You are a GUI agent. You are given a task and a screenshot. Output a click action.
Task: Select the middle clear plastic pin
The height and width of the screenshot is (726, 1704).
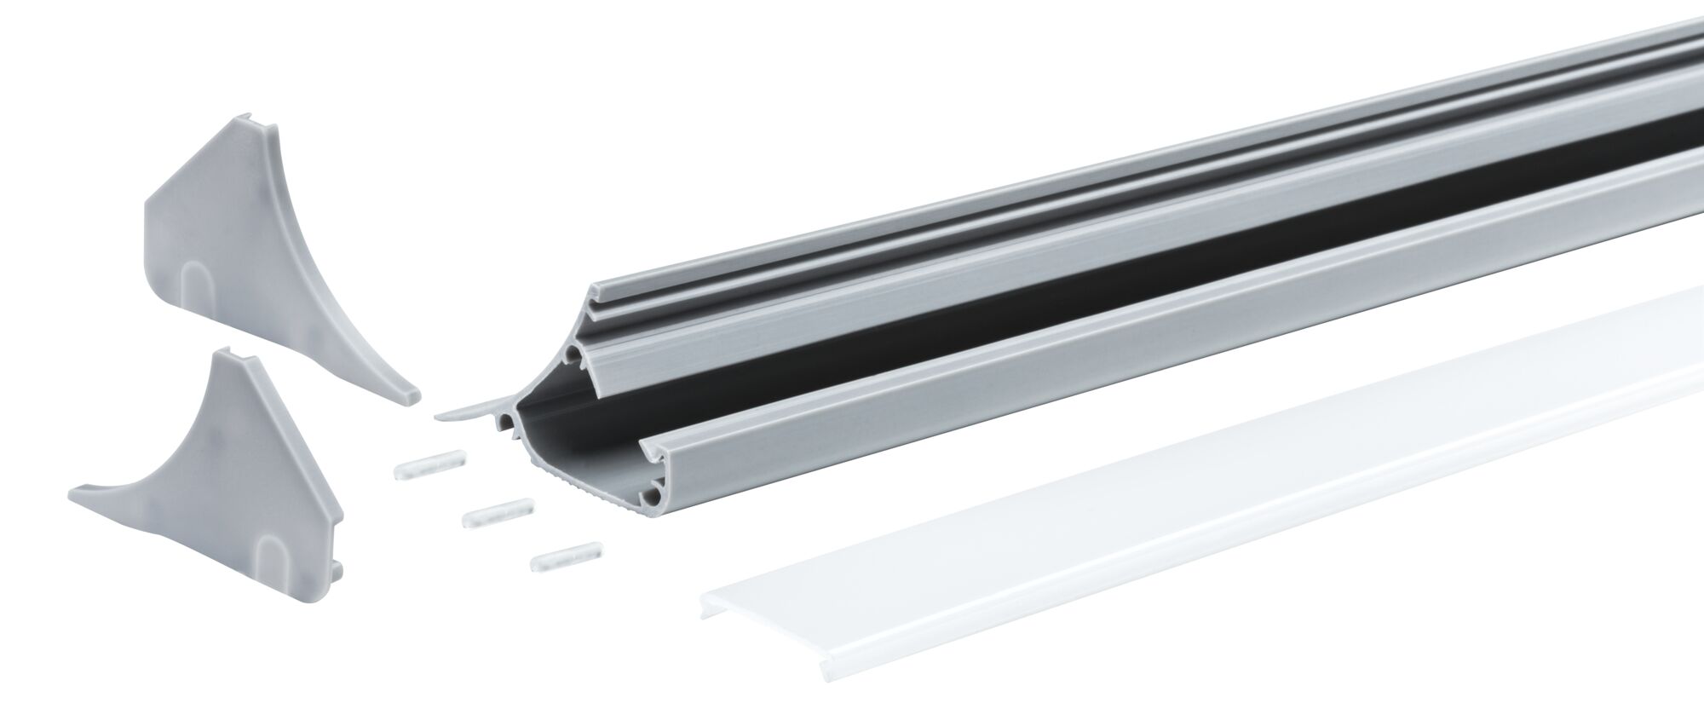(x=498, y=512)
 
